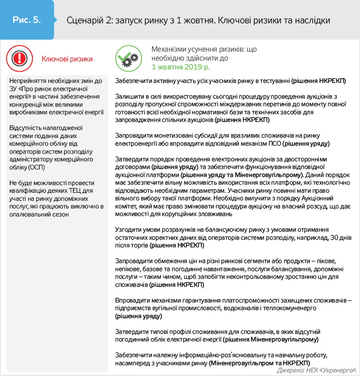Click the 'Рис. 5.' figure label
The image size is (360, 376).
click(26, 20)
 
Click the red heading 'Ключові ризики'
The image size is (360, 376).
click(67, 59)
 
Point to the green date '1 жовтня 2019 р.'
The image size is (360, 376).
click(180, 67)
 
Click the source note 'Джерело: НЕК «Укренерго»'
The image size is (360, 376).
click(316, 370)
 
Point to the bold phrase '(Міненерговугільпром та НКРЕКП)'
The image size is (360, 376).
click(259, 362)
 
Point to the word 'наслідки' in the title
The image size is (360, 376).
click(315, 21)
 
